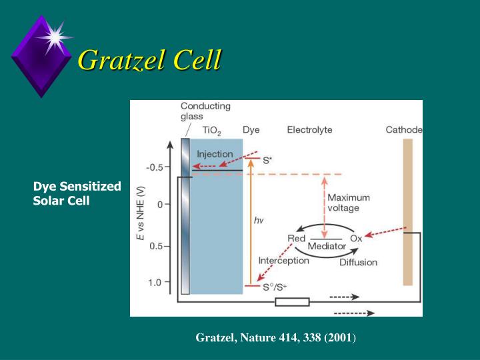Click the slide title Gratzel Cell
point(149,61)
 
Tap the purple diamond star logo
point(42,55)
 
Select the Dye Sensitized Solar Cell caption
point(77,193)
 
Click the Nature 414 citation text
point(276,338)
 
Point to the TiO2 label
point(213,130)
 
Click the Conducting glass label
point(205,111)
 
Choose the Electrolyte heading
point(309,129)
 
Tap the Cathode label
point(404,129)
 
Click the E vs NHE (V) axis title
point(141,213)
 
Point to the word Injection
point(215,154)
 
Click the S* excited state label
point(267,160)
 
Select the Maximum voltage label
point(349,203)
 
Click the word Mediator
point(327,246)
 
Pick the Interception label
point(284,260)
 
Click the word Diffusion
point(358,262)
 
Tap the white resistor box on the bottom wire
point(292,301)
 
